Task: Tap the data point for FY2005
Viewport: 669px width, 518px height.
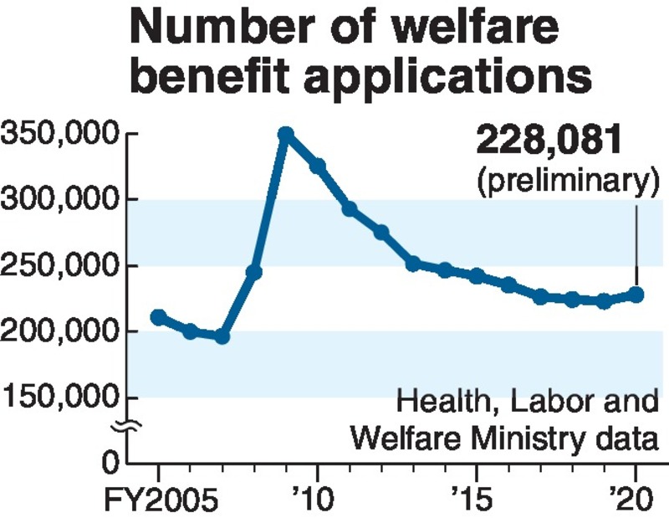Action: [x=158, y=317]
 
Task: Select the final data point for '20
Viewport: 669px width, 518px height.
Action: [x=636, y=295]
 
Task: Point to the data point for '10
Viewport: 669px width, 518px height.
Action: [x=318, y=167]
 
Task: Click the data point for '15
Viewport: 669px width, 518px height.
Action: [x=477, y=276]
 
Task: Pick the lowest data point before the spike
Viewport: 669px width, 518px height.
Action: [x=222, y=336]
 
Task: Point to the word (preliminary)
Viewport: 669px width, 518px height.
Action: [x=563, y=179]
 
